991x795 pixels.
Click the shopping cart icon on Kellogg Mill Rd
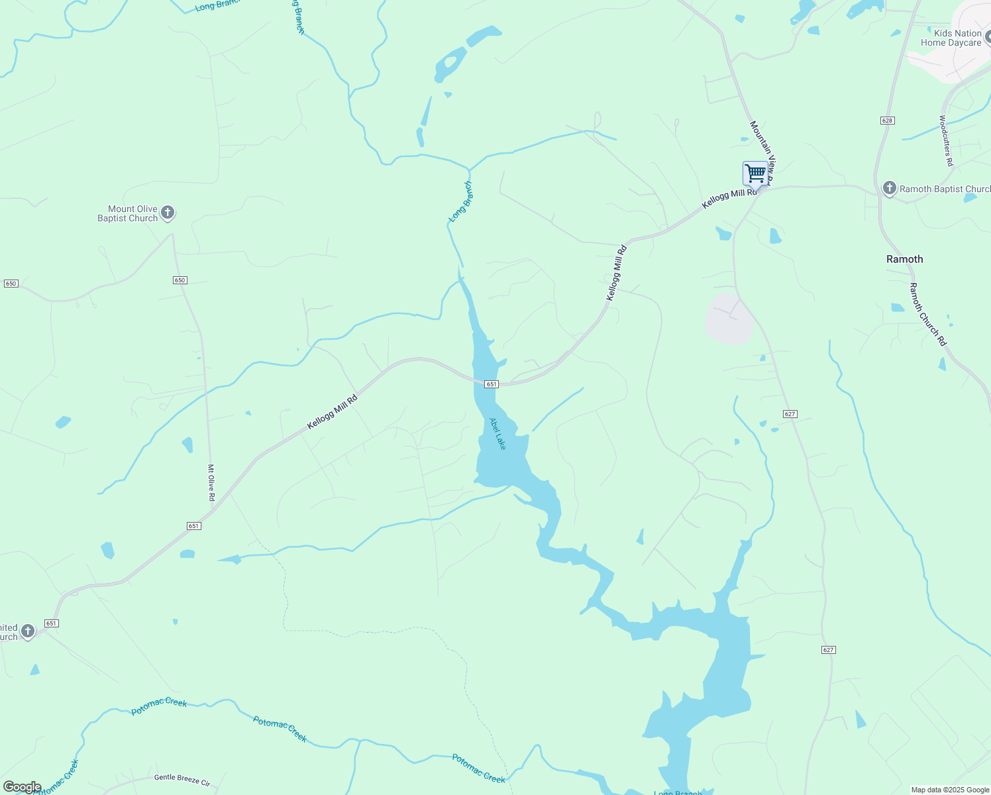[755, 174]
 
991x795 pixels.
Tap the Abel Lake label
[497, 434]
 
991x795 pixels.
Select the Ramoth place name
[904, 259]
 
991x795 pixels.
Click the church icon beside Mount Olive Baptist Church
[168, 213]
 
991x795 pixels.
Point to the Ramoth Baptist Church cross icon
[889, 189]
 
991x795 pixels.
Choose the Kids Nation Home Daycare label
[951, 38]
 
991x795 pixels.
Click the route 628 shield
[888, 121]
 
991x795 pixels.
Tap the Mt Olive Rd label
[211, 482]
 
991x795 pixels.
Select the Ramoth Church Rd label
[927, 314]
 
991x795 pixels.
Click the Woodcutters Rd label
[945, 140]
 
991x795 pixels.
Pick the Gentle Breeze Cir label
[182, 780]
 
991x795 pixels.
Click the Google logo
[22, 787]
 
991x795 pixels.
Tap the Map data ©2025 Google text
[949, 790]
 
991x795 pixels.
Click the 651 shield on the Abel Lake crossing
[491, 384]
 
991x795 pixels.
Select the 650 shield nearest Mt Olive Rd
[180, 280]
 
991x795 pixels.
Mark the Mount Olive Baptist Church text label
[128, 213]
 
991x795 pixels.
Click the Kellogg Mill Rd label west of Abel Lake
[332, 412]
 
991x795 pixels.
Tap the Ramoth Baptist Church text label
[945, 189]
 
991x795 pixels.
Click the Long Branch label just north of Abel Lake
[460, 201]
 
